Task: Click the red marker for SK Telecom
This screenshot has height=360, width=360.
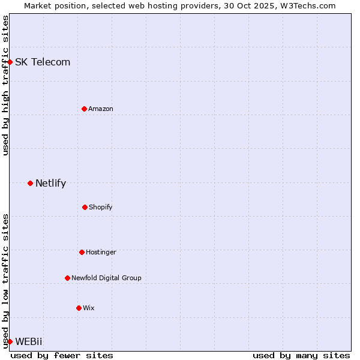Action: coord(10,62)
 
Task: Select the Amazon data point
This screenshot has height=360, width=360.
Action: coord(84,109)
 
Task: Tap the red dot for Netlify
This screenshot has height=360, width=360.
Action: coord(30,183)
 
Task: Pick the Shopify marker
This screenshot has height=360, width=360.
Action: coord(85,207)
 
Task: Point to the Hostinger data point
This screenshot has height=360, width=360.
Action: coord(82,252)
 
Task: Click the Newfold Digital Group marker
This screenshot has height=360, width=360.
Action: coord(67,278)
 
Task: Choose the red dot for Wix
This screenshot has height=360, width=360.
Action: coord(79,308)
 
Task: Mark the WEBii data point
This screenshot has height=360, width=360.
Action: coord(10,341)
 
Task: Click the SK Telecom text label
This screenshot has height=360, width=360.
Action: coord(43,62)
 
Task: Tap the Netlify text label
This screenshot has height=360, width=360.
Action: coord(50,183)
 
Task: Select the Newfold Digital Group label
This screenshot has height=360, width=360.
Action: coord(106,278)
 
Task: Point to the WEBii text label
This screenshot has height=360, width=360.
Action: coord(29,341)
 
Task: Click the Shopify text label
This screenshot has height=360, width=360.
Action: coord(100,207)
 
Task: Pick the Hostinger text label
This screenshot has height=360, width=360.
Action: coord(101,252)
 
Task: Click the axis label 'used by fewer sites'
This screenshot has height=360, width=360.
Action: coord(62,355)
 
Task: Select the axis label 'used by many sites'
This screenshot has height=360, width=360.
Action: coord(301,355)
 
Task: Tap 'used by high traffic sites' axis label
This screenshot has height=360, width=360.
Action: coord(5,85)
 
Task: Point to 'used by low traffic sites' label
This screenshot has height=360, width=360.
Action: coord(5,280)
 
